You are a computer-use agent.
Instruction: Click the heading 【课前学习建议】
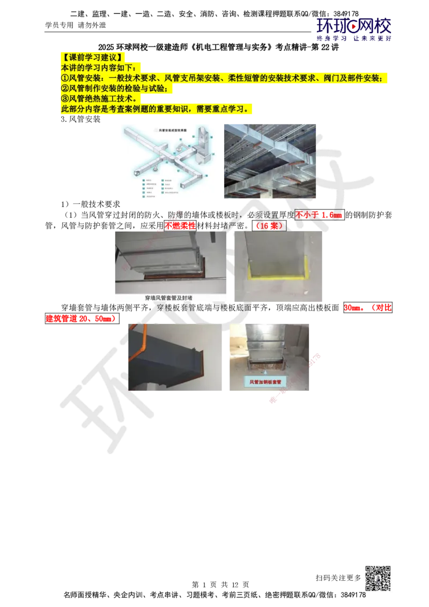click(94, 57)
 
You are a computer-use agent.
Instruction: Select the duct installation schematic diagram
click(169, 160)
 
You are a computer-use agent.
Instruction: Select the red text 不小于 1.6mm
click(319, 216)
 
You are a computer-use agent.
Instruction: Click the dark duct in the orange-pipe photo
click(172, 357)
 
